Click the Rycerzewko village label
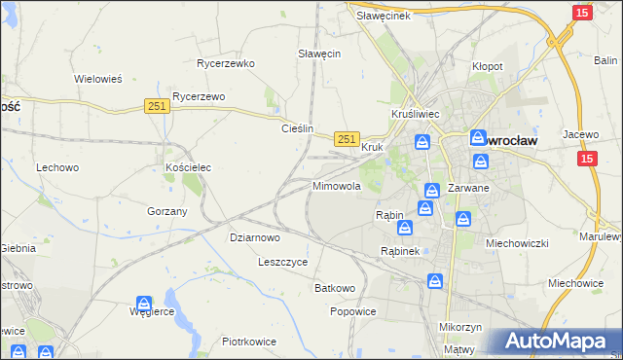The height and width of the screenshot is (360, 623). tap(225, 63)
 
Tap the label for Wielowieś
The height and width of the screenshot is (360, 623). tap(97, 79)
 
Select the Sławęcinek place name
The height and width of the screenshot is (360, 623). tap(383, 16)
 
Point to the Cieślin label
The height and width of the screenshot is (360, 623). tap(297, 127)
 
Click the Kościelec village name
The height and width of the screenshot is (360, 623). tap(188, 167)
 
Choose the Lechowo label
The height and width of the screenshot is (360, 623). tap(57, 167)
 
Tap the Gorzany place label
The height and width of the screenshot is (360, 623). tap(166, 211)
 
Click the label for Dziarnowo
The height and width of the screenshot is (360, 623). tap(255, 236)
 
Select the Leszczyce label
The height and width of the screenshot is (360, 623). tap(282, 262)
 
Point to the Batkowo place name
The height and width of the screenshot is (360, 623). tap(334, 289)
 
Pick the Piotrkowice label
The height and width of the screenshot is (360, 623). tap(249, 342)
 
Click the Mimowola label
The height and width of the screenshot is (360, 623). tap(337, 185)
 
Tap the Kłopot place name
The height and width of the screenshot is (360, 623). tap(487, 66)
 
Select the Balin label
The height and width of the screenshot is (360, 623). tap(605, 60)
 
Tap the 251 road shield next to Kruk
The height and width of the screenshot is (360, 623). tap(347, 139)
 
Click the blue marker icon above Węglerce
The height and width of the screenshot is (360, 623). tap(143, 305)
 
